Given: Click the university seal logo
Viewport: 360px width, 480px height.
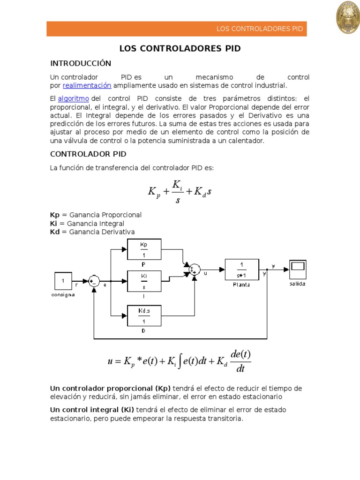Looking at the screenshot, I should click(x=347, y=17).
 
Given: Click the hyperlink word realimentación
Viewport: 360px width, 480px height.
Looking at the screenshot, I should click(x=87, y=85).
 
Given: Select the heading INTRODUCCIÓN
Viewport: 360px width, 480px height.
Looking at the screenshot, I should click(x=80, y=63).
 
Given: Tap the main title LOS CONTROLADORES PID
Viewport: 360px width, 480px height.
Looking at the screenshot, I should click(x=180, y=48).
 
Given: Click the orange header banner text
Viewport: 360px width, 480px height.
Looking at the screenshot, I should click(x=259, y=29).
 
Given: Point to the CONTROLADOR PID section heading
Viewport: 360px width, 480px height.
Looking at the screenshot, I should click(x=88, y=154).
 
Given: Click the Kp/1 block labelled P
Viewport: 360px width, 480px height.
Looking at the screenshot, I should click(x=144, y=249).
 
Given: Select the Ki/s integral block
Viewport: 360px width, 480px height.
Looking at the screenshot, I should click(x=144, y=281).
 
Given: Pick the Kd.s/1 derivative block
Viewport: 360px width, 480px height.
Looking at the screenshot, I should click(x=144, y=315).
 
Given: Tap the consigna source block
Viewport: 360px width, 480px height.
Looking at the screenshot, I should click(x=63, y=281).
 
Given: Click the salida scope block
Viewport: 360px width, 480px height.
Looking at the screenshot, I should click(x=298, y=269).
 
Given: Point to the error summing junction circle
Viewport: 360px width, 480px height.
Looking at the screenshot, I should click(x=94, y=281).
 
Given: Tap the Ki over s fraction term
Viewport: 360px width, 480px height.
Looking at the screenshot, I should click(x=178, y=191).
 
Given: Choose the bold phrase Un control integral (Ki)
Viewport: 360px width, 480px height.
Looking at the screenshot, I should click(x=92, y=410).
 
